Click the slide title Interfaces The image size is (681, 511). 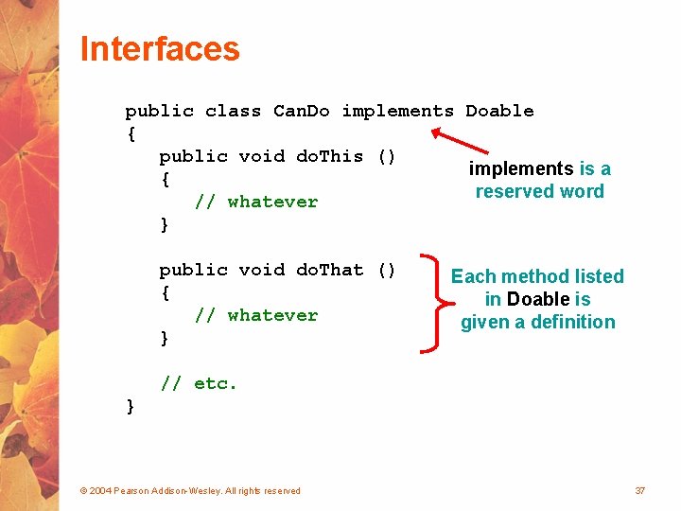coord(160,49)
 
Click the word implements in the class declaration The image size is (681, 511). coord(397,111)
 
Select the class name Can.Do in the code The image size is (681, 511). coord(301,111)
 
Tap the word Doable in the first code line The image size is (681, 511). coord(499,111)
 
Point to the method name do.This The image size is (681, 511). coord(329,156)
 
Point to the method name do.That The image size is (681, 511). coord(329,270)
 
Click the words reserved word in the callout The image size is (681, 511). coord(539,191)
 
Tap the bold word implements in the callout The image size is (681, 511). coord(521,168)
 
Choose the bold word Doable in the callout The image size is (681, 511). coord(538,299)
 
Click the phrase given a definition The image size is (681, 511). coord(537,322)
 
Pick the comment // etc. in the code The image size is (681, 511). coord(199,383)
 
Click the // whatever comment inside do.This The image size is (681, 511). coord(255,202)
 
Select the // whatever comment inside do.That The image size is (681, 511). coord(255,315)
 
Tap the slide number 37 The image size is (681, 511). coord(640,490)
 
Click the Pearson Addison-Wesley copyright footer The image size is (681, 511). coord(190,490)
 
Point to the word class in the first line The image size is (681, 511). coord(233,111)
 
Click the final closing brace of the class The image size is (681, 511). coord(131,406)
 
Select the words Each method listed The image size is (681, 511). coord(537,276)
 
